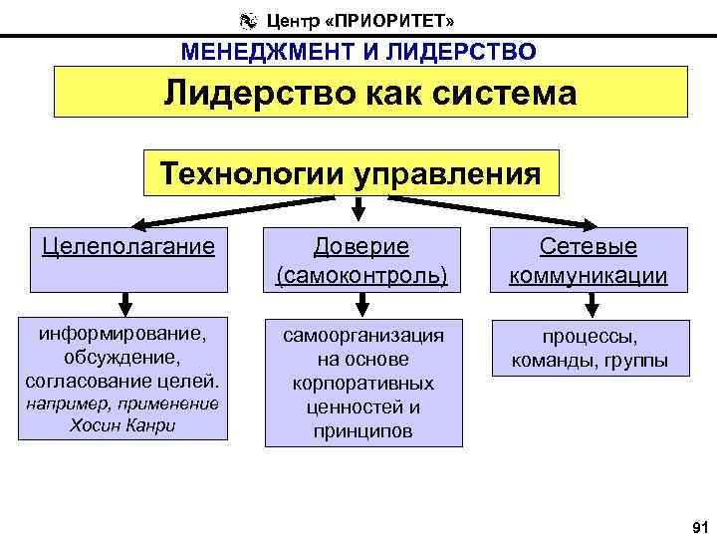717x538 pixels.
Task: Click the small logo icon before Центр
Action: (x=247, y=19)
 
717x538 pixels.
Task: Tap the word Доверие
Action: (x=361, y=246)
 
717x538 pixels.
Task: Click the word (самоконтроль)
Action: (x=361, y=275)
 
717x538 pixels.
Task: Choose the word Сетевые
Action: (x=589, y=246)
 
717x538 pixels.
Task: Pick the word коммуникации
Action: (x=589, y=275)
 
